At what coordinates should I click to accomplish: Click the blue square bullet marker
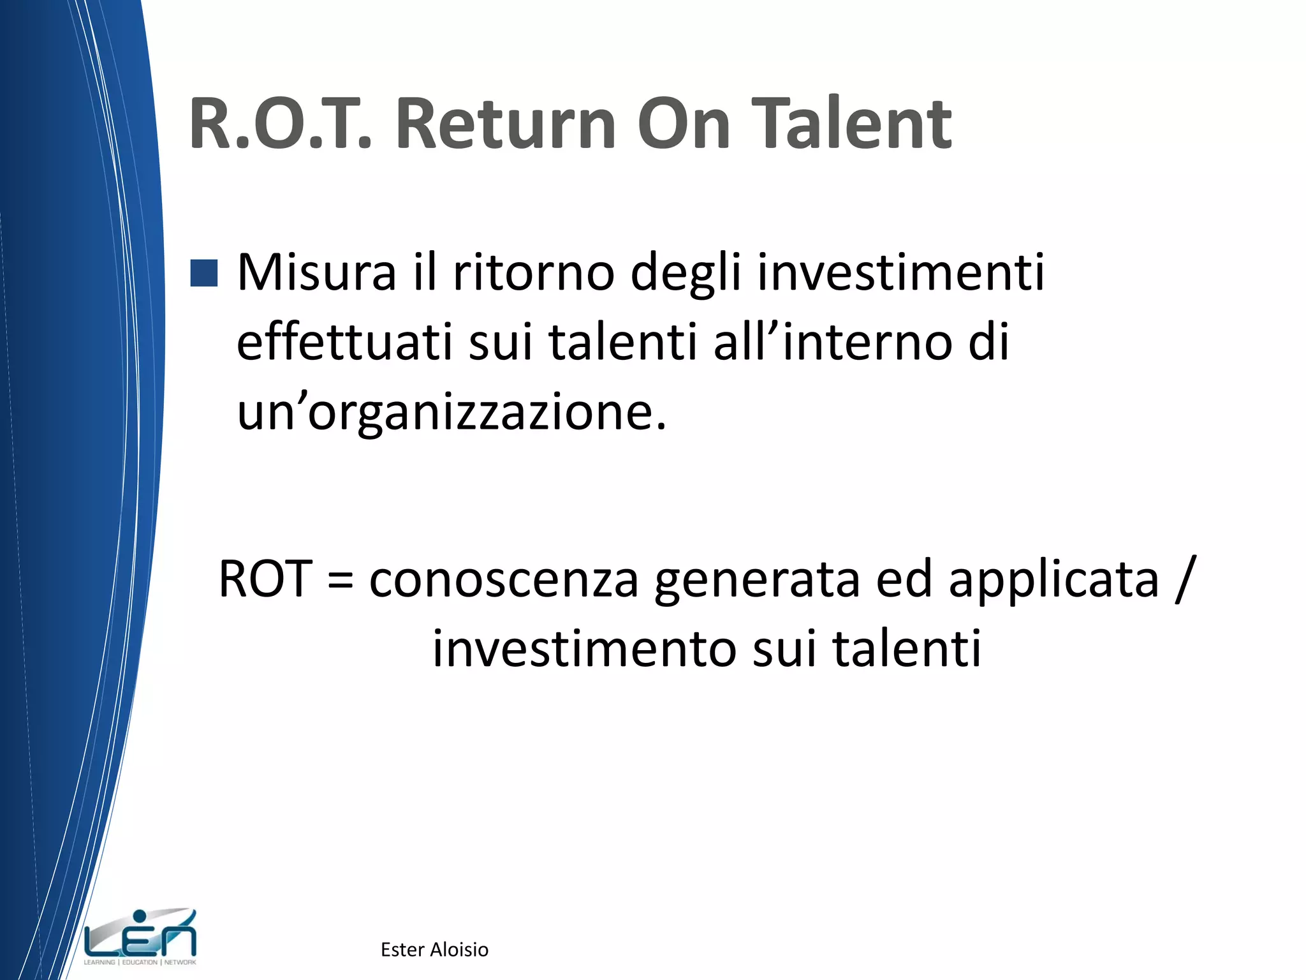(x=204, y=273)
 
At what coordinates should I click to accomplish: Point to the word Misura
(x=317, y=273)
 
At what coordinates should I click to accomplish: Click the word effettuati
(x=344, y=343)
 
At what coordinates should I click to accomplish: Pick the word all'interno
(x=832, y=343)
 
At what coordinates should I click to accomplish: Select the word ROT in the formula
(x=265, y=579)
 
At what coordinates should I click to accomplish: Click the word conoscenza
(x=504, y=579)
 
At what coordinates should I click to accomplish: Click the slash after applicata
(x=1185, y=579)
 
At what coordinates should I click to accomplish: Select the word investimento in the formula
(x=584, y=650)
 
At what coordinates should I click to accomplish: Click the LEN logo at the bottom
(x=140, y=937)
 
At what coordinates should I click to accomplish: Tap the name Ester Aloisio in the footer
(x=434, y=950)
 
